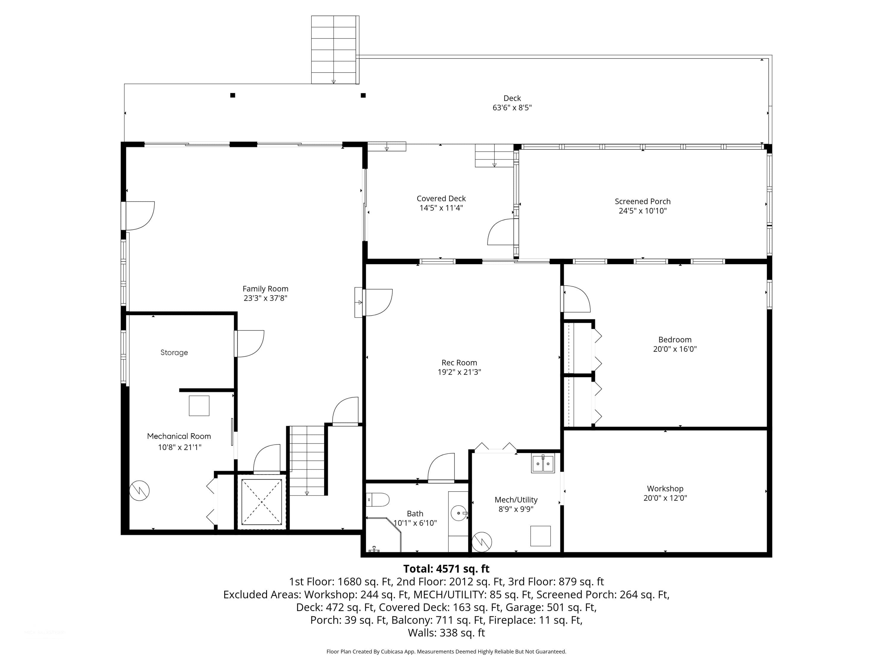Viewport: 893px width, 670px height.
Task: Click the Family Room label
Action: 265,289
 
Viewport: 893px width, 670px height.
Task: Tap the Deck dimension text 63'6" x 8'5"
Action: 512,108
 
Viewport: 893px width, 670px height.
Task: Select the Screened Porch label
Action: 642,201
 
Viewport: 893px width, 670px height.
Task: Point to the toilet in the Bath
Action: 377,500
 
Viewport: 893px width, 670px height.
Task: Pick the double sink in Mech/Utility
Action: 543,463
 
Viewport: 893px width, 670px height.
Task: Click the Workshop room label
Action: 665,489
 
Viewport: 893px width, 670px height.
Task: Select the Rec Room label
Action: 459,363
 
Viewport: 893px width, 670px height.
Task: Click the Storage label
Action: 174,353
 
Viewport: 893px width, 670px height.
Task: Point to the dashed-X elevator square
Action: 262,502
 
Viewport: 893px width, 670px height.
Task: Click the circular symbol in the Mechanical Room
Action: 139,491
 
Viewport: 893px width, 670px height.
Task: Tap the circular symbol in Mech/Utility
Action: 482,542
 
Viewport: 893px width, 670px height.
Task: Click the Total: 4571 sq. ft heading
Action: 446,569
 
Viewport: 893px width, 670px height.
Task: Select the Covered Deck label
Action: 441,198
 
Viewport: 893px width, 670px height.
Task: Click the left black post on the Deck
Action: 232,95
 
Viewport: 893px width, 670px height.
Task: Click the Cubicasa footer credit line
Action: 446,652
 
